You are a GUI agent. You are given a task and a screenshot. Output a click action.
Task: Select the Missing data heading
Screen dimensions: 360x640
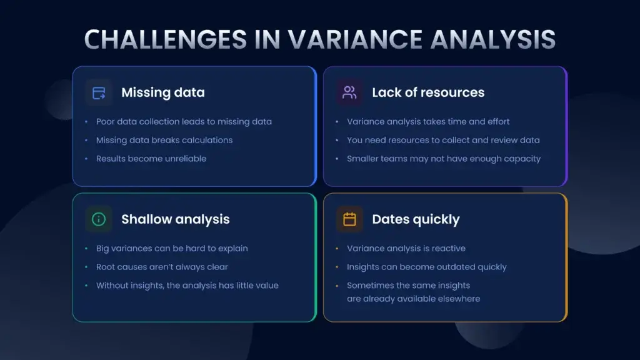(162, 92)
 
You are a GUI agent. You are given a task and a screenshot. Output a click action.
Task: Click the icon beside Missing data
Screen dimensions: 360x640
(99, 93)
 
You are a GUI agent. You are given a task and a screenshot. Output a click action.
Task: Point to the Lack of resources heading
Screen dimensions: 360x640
(428, 92)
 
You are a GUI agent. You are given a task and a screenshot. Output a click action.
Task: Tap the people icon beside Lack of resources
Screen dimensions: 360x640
(349, 93)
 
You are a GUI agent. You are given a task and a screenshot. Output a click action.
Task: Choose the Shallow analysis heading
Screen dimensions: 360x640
(175, 219)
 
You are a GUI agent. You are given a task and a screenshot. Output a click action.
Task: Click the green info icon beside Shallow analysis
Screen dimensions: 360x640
(99, 219)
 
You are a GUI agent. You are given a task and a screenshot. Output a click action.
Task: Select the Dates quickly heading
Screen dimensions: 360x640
(416, 219)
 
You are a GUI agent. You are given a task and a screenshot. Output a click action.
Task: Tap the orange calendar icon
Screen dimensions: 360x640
(349, 219)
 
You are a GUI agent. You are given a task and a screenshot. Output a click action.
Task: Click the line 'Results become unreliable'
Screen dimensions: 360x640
(151, 159)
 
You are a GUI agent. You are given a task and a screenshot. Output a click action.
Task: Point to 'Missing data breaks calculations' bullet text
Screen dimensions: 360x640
(164, 140)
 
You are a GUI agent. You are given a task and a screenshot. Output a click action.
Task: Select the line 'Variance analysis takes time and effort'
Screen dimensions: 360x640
(428, 122)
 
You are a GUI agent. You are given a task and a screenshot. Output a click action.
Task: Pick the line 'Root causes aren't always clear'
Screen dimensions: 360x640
(162, 267)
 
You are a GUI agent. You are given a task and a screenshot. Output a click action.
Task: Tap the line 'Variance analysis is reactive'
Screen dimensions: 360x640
(406, 248)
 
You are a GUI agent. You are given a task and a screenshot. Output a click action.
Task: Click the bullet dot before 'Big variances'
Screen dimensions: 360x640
(86, 249)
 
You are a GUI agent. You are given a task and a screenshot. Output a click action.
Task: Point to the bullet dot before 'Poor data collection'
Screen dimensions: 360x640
(86, 122)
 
